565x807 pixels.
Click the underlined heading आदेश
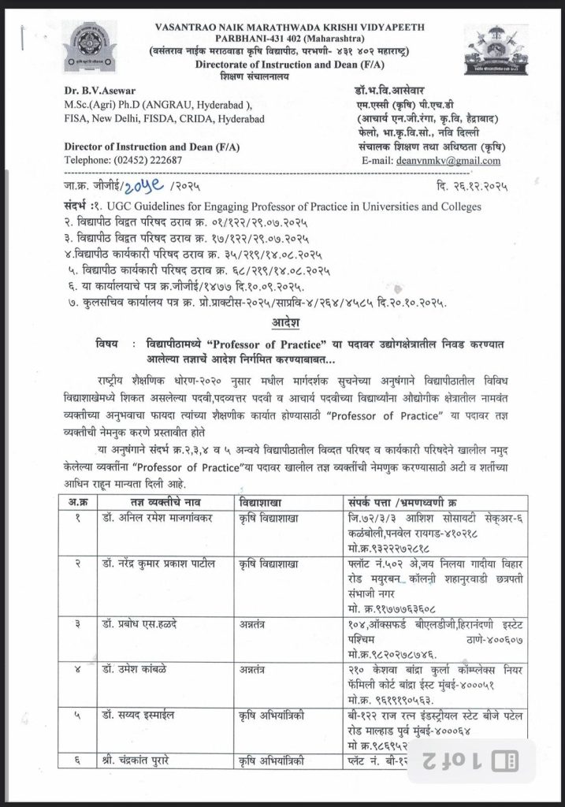click(x=284, y=323)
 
